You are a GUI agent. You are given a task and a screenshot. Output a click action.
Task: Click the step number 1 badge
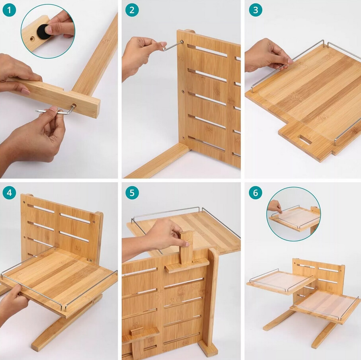[x=9, y=10]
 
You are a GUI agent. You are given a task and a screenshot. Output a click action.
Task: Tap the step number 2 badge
[x=132, y=10]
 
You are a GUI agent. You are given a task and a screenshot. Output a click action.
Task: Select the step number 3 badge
[x=256, y=10]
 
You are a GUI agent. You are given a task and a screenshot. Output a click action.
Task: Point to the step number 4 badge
[x=9, y=193]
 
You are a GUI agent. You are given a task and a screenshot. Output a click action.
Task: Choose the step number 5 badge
[x=132, y=193]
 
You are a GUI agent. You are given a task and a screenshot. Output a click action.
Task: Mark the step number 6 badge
[x=256, y=193]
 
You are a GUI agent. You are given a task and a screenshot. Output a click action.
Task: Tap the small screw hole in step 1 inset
[x=32, y=39]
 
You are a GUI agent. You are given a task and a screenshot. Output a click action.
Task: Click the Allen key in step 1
[x=58, y=111]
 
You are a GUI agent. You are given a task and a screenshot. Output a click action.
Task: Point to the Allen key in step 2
[x=172, y=45]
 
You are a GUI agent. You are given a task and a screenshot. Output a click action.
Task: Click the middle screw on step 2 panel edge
[x=183, y=91]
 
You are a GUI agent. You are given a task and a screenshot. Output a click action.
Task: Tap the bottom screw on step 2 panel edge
[x=183, y=138]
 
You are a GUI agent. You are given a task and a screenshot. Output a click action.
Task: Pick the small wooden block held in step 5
[x=187, y=247]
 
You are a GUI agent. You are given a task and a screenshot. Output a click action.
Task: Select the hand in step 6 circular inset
[x=275, y=206]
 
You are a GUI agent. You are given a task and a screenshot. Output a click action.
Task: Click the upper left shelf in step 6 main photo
[x=281, y=281]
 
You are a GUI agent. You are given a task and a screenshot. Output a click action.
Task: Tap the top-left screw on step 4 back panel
[x=24, y=202]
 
